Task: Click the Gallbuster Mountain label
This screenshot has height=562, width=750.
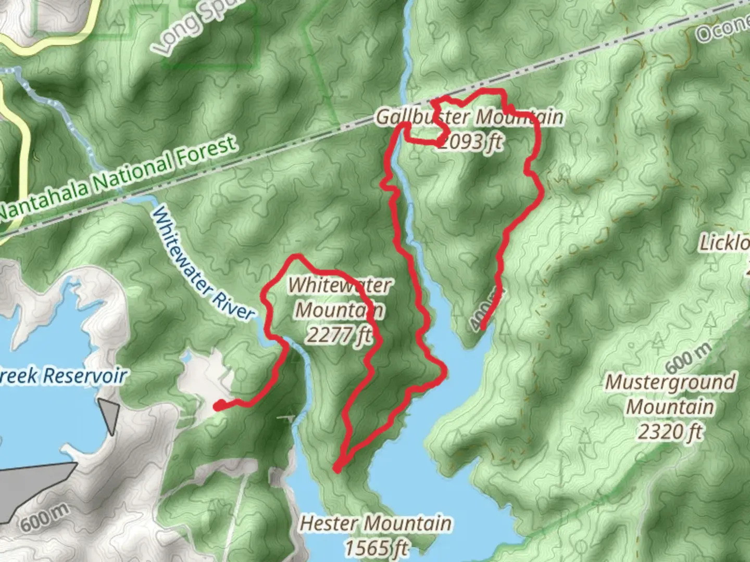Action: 469,117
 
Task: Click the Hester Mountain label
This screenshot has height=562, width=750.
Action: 376,523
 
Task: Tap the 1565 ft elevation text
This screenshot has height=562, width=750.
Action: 376,547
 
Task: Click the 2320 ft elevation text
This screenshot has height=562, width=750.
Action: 670,431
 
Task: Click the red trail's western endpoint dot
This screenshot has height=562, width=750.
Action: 218,405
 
